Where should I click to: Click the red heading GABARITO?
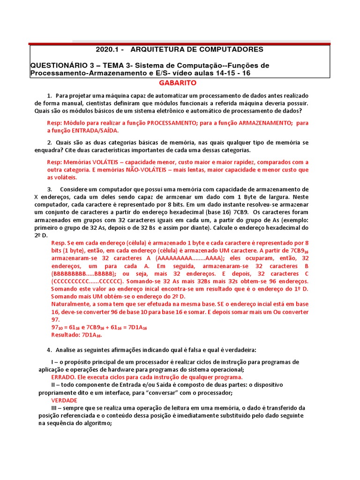coord(180,83)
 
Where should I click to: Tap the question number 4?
coord(49,350)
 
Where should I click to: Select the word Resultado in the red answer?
coord(66,335)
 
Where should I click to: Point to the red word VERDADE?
coord(64,400)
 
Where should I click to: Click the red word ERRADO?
coord(64,377)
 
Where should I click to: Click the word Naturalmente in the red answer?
coord(71,305)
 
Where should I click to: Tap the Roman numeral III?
coord(56,408)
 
